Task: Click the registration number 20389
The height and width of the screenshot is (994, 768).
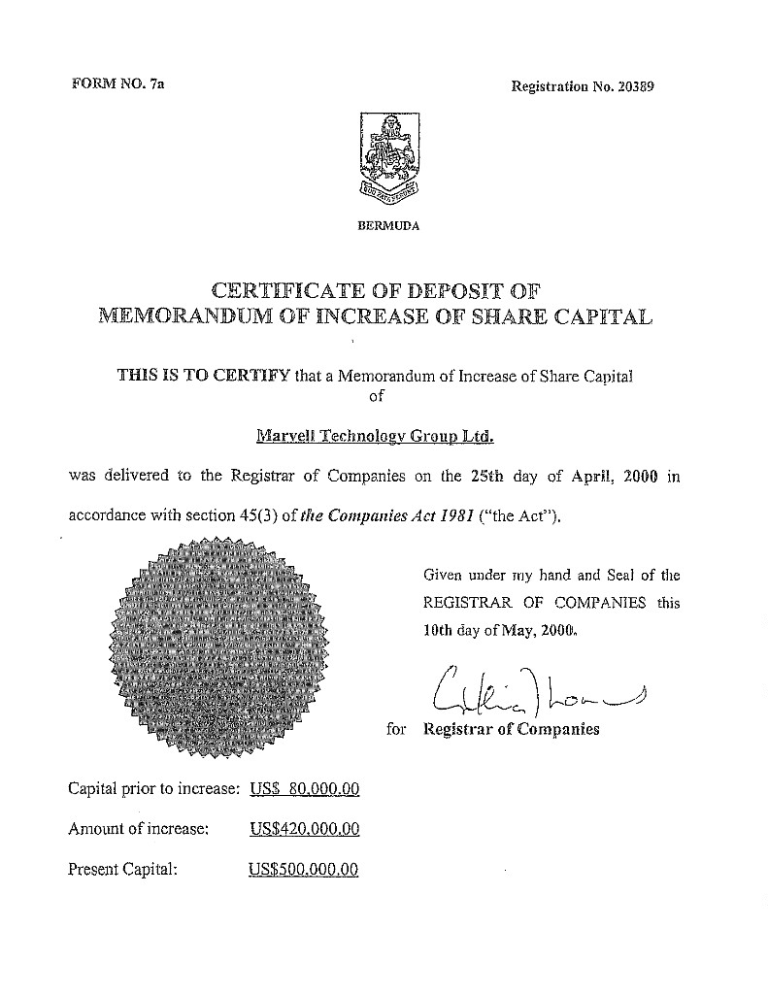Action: [x=636, y=85]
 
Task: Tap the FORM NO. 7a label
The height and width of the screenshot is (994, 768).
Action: [x=118, y=84]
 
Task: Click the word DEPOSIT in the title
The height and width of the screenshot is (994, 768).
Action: [x=443, y=289]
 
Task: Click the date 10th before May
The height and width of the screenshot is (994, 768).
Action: [x=440, y=628]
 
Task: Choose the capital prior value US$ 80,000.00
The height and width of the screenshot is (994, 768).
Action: [x=305, y=789]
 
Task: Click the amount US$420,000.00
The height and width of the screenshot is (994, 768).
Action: [x=305, y=829]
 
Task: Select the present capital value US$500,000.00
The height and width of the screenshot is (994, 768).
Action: [x=304, y=869]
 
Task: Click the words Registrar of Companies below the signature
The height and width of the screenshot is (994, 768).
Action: [x=512, y=729]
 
